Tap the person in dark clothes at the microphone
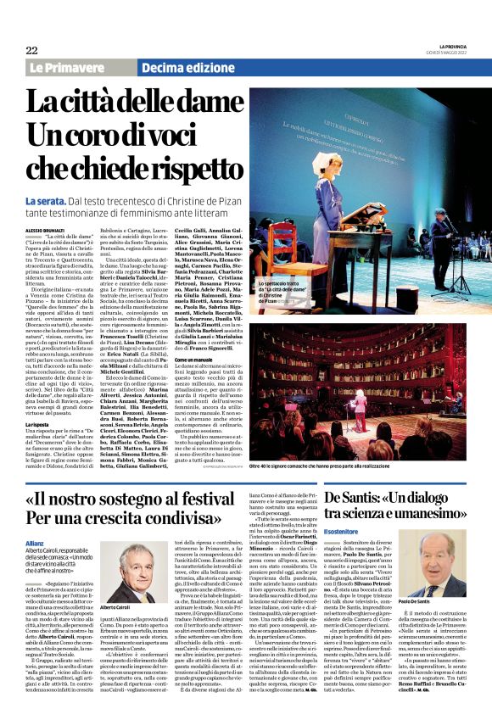(445, 246)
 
